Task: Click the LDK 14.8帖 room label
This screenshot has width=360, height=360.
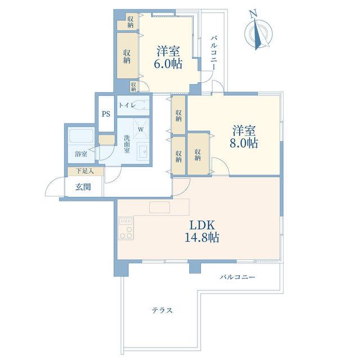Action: point(202,231)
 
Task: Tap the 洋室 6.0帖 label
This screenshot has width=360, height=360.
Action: point(168,57)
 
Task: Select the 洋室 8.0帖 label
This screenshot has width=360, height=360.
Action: point(244,137)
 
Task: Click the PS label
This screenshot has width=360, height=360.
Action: point(106,114)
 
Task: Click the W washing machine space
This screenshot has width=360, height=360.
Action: point(141,129)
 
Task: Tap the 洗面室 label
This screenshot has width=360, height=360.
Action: point(127,144)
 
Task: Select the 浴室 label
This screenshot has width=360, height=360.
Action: point(81,154)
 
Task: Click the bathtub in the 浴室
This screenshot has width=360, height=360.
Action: point(81,136)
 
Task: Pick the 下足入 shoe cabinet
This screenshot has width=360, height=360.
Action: point(85,171)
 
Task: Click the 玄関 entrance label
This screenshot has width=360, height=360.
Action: point(83,187)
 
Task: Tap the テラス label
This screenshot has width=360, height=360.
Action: point(162,310)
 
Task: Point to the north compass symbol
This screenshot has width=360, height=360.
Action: point(259,34)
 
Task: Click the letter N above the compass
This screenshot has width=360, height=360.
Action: point(253,14)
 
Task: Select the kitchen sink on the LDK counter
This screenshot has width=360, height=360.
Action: point(160,208)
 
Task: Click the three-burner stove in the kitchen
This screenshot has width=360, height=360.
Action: point(126,228)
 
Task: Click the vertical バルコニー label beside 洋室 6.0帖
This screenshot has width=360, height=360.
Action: point(214,52)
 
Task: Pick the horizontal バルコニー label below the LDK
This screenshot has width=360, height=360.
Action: point(237,277)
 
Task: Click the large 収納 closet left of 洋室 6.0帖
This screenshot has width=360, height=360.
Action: point(127,56)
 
